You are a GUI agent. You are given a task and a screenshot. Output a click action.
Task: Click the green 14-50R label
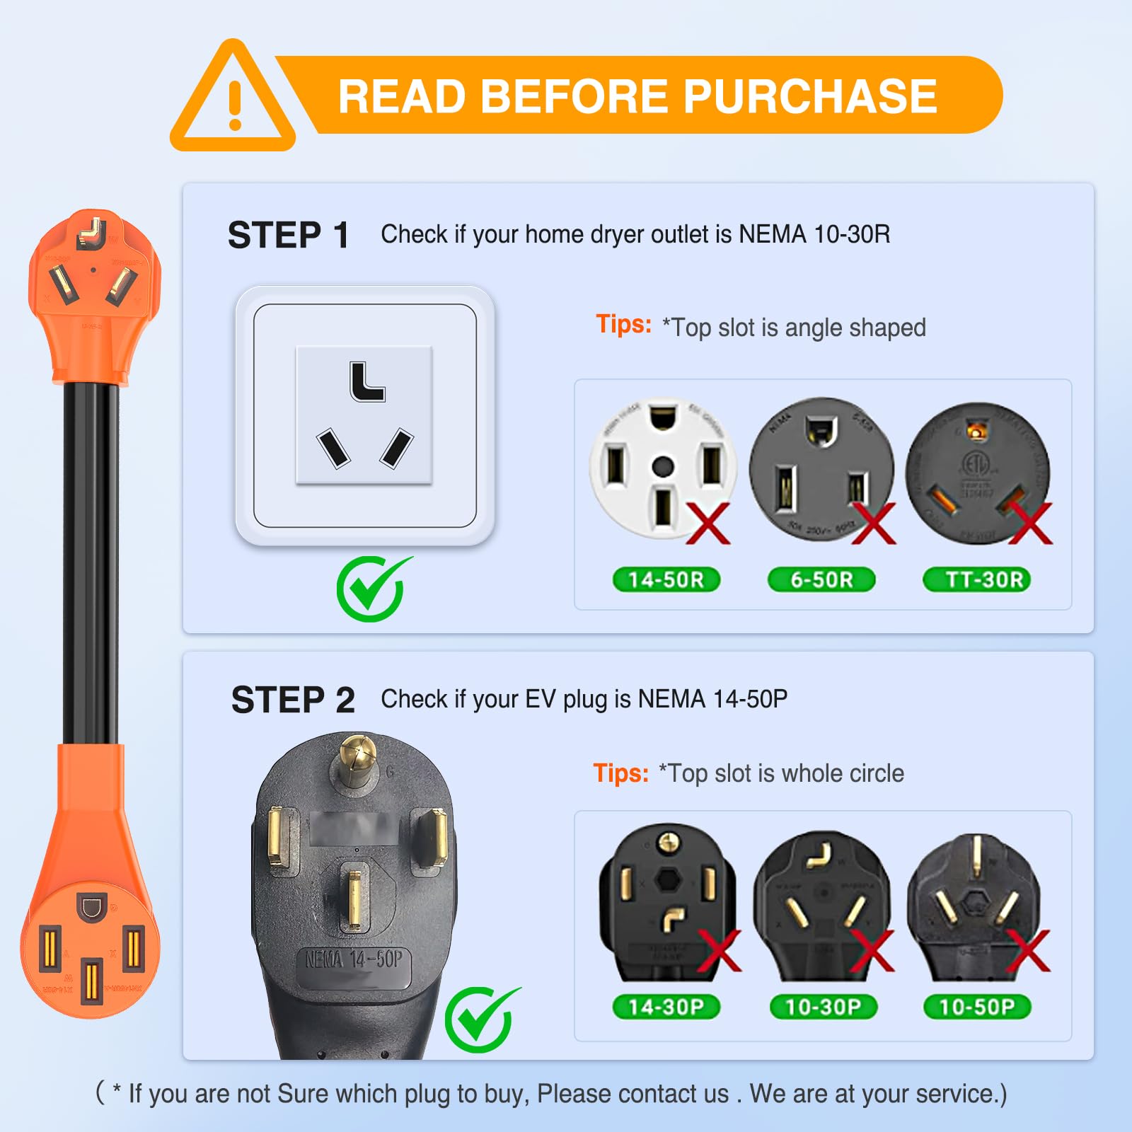coord(666,579)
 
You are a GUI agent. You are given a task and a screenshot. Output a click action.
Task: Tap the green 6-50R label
coord(821,579)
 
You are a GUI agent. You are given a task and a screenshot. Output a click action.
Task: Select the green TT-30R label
coord(977,579)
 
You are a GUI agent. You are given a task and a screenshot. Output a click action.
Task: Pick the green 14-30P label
coord(666,1006)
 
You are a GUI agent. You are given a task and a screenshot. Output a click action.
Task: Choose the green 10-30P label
coord(823,1006)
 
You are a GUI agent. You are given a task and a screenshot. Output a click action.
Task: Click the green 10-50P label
coord(977,1006)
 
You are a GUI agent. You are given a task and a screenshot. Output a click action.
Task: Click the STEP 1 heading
coord(288,235)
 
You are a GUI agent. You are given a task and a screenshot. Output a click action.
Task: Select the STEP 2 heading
coord(293,700)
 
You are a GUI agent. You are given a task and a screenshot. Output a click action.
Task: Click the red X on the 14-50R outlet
coord(707,524)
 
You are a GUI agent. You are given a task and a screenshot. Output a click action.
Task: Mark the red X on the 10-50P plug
coord(1027,950)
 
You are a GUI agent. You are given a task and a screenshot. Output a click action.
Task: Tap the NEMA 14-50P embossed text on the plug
coord(354,960)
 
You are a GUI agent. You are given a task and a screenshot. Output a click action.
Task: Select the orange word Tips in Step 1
coord(623,324)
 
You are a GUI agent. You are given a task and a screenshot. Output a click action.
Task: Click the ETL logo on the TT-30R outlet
coord(976,463)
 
